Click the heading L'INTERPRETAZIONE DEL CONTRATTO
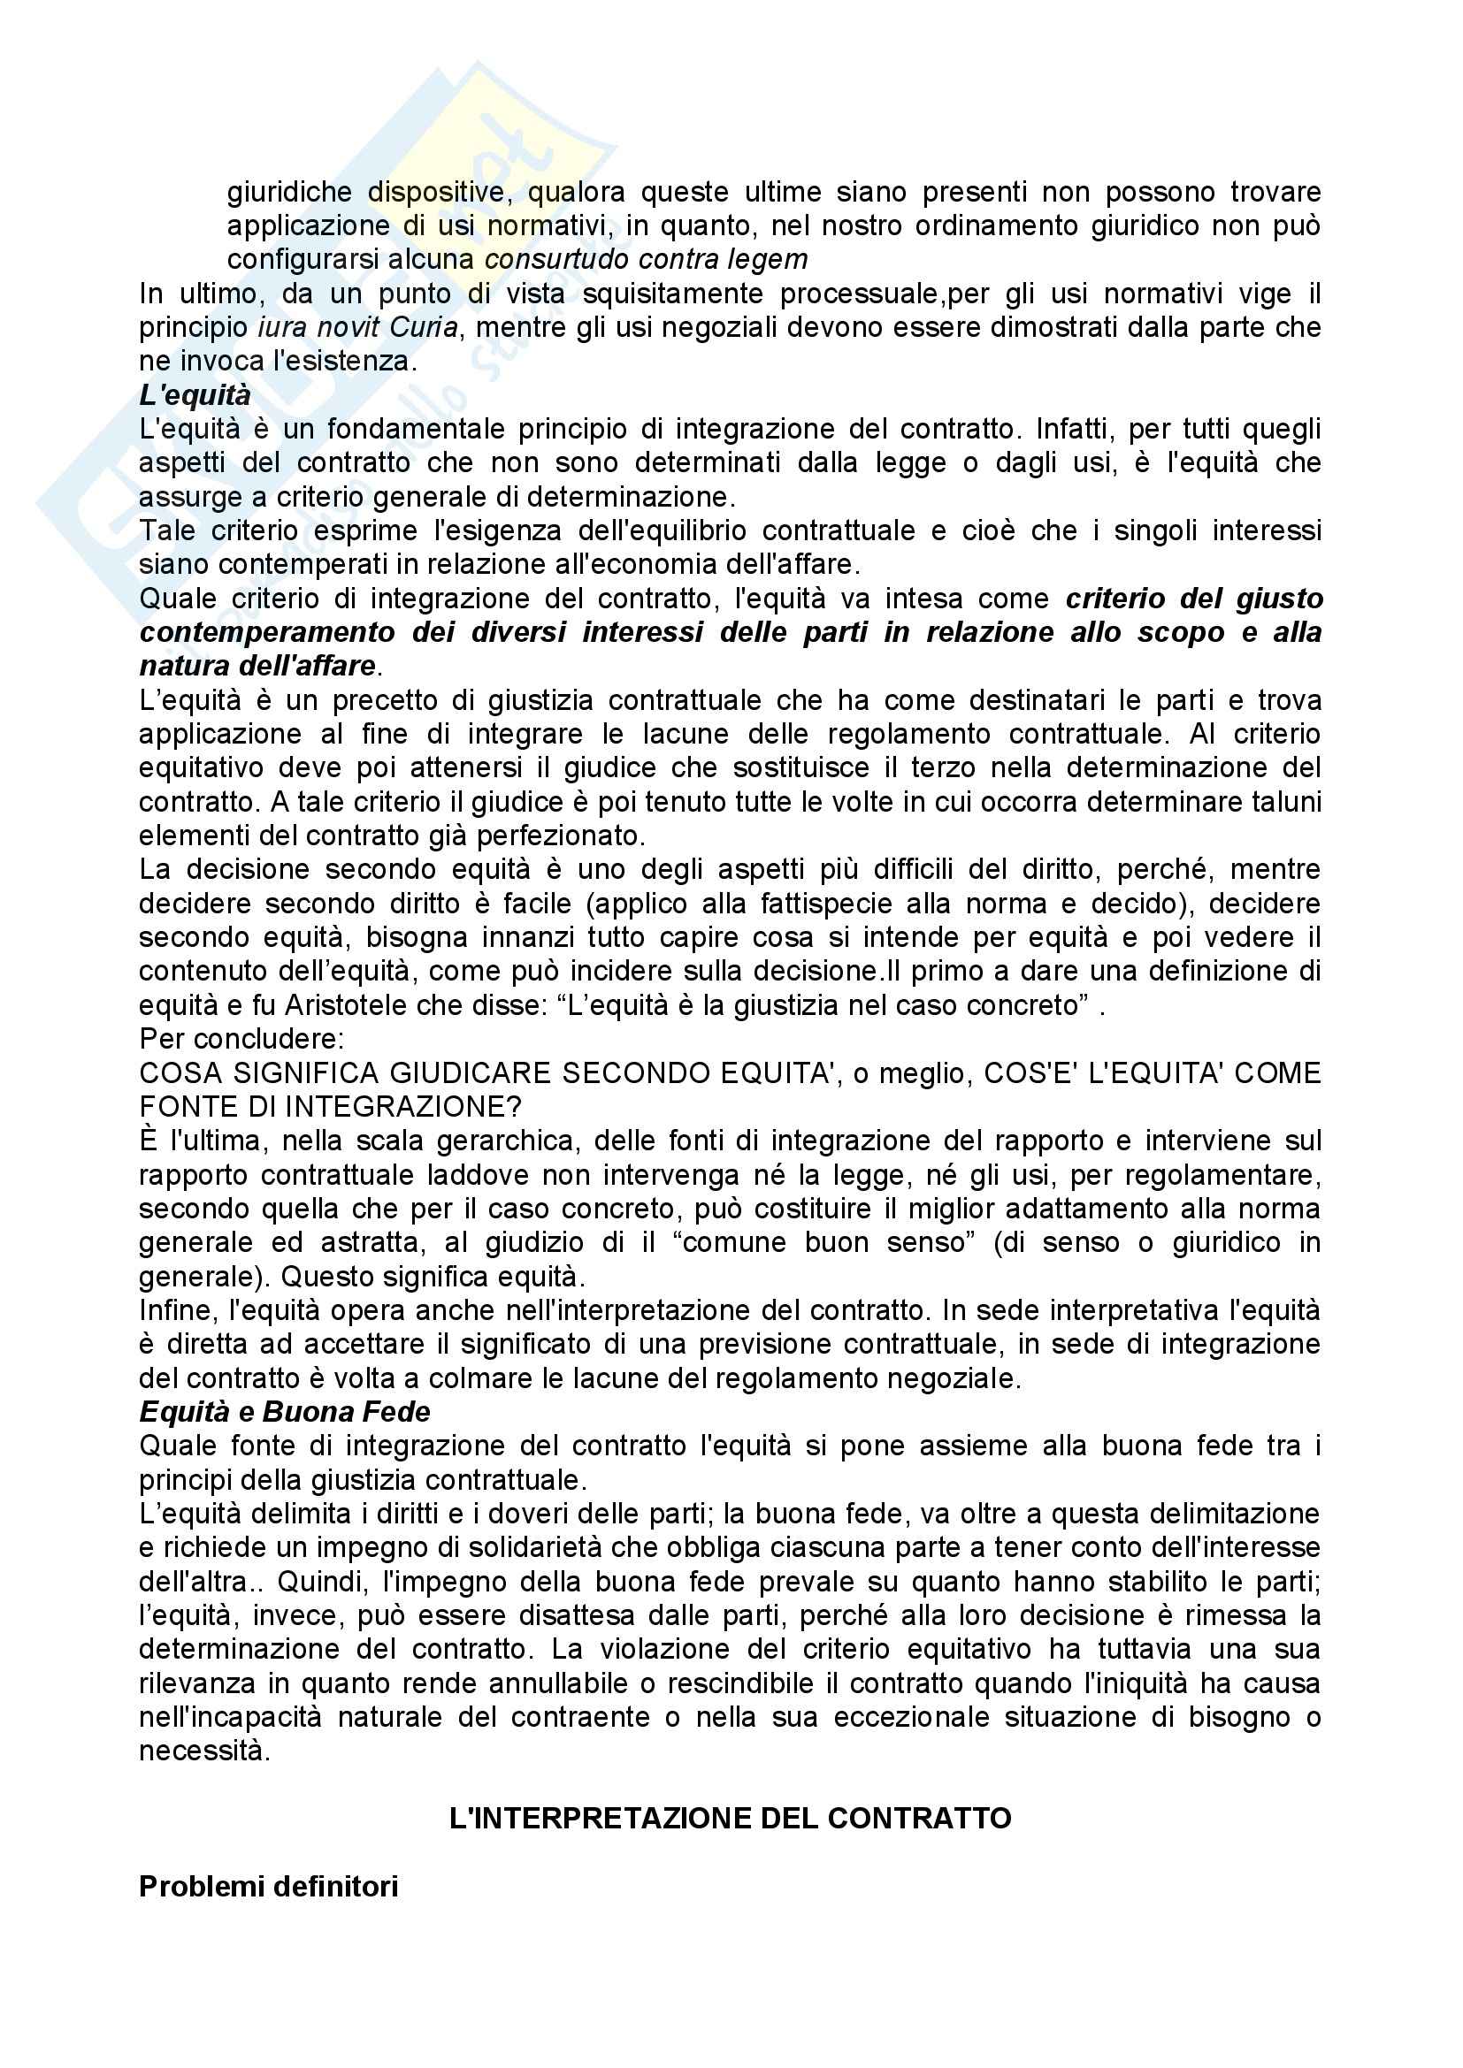(730, 1819)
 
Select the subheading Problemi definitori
(269, 1886)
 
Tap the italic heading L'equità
(195, 395)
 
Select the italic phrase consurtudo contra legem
(646, 259)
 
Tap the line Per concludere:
(241, 1039)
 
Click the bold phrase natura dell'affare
(257, 666)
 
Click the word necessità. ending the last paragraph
(204, 1751)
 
